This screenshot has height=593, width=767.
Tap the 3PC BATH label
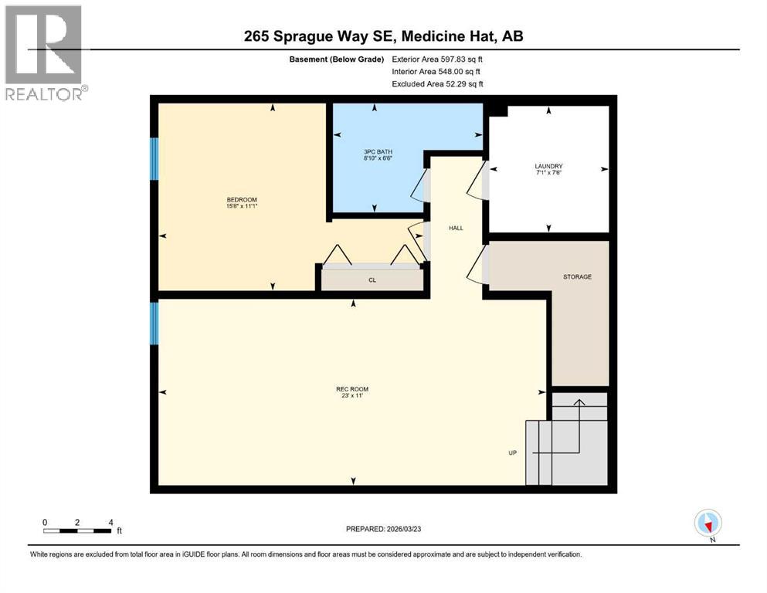point(375,151)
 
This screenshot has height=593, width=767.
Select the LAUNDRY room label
point(548,166)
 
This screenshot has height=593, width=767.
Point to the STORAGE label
point(577,276)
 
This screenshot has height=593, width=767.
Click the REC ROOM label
point(351,388)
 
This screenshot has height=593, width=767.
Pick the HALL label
point(456,228)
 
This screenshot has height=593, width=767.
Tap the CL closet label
point(372,280)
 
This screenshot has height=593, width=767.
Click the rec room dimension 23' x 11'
point(351,395)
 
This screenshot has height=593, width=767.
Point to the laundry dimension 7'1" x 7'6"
point(548,173)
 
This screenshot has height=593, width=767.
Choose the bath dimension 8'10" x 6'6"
point(375,158)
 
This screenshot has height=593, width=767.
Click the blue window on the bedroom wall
point(154,160)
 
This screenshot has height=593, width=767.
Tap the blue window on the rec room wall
point(154,324)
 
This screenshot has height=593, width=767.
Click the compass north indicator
point(708,523)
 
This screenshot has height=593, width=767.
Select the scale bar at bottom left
point(77,530)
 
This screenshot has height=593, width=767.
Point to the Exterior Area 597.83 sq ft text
point(439,59)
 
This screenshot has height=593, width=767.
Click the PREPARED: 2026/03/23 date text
point(383,529)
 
